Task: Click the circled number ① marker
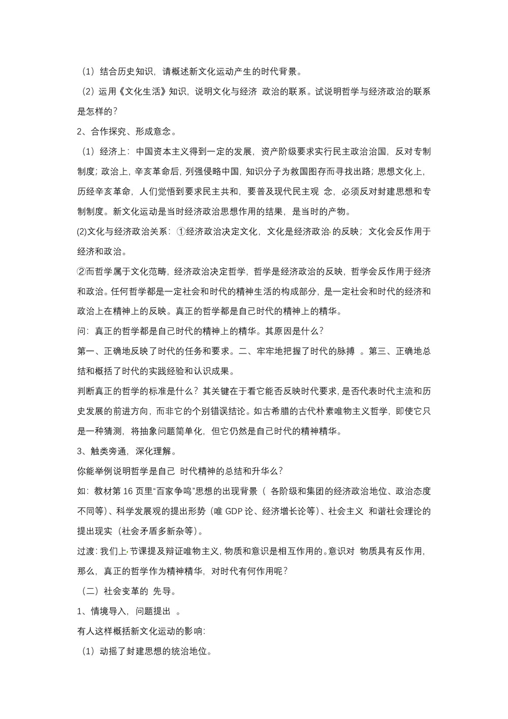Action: (x=181, y=232)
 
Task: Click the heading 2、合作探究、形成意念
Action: (x=126, y=132)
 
